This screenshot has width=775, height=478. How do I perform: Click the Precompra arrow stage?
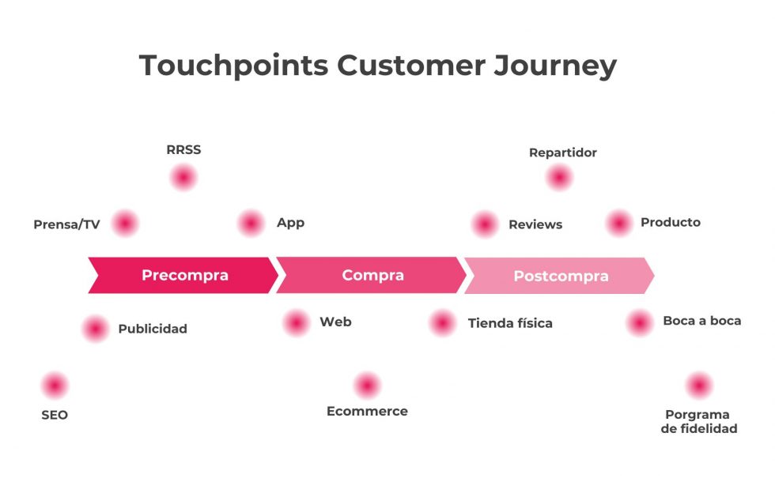pyautogui.click(x=184, y=275)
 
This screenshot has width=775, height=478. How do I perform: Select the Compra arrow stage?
pyautogui.click(x=372, y=275)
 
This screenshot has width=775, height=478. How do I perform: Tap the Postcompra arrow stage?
pyautogui.click(x=561, y=276)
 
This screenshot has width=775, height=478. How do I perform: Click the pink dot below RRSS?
pyautogui.click(x=183, y=178)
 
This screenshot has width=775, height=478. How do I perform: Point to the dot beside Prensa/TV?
pyautogui.click(x=125, y=224)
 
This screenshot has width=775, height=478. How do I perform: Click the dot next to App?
pyautogui.click(x=251, y=224)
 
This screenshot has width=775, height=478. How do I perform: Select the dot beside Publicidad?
pyautogui.click(x=95, y=328)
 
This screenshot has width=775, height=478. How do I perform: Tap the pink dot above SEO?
pyautogui.click(x=55, y=386)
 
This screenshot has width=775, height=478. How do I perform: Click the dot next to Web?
pyautogui.click(x=297, y=322)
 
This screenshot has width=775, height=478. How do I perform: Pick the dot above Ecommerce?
pyautogui.click(x=367, y=386)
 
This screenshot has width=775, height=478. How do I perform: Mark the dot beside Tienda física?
pyautogui.click(x=443, y=322)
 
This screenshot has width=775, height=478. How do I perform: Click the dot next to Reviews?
pyautogui.click(x=485, y=224)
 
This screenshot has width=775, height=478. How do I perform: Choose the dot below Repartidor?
pyautogui.click(x=559, y=178)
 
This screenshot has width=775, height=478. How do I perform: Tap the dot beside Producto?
pyautogui.click(x=619, y=224)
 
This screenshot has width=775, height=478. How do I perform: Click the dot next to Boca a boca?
pyautogui.click(x=640, y=322)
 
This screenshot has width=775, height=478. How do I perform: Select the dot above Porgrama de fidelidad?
pyautogui.click(x=699, y=386)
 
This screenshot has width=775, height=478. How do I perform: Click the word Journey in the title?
pyautogui.click(x=555, y=65)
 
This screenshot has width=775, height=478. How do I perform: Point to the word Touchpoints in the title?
pyautogui.click(x=233, y=65)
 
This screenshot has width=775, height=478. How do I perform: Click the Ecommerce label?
pyautogui.click(x=367, y=411)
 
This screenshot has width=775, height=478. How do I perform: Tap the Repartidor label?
pyautogui.click(x=562, y=152)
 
